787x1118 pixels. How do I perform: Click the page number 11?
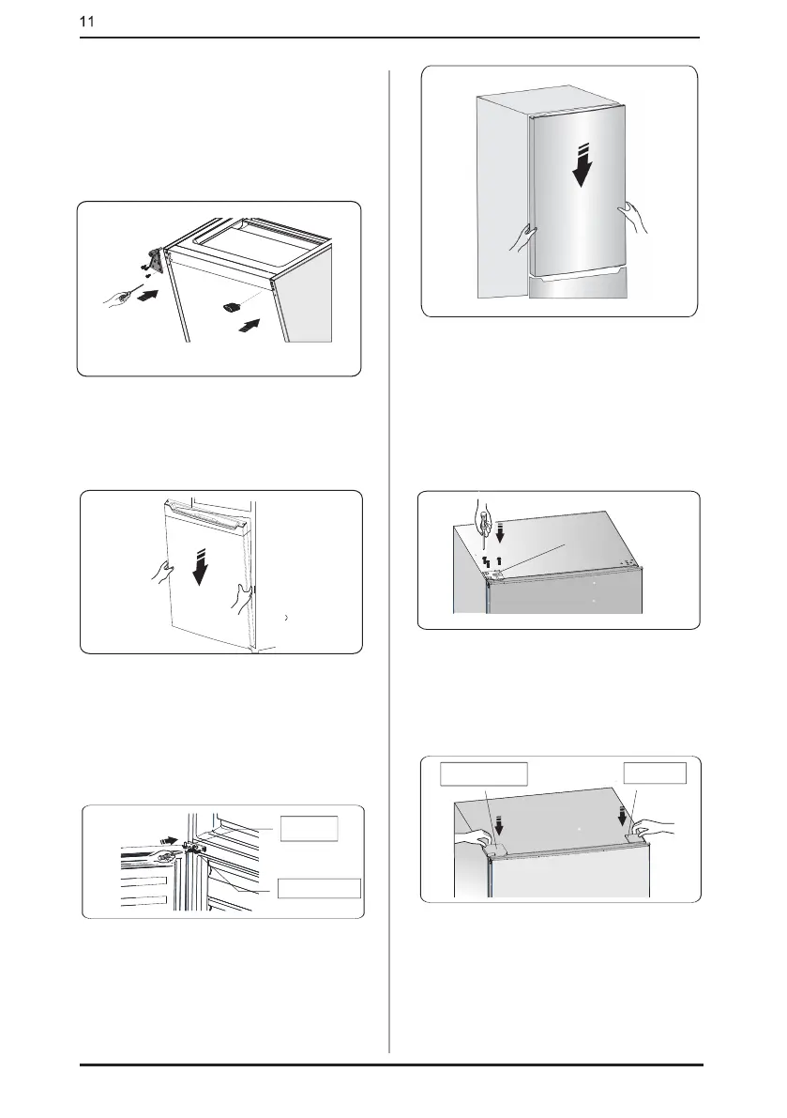(x=86, y=22)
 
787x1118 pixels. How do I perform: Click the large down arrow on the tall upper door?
(x=583, y=164)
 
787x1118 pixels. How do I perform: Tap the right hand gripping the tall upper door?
(x=632, y=217)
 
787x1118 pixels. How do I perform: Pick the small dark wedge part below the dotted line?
(x=233, y=306)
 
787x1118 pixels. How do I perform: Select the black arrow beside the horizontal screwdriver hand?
(x=147, y=294)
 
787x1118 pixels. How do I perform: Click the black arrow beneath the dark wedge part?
(x=247, y=327)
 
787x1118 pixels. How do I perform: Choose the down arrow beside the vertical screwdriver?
(x=500, y=531)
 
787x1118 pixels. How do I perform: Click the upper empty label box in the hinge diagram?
(x=310, y=829)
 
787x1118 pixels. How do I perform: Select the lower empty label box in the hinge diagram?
(x=319, y=888)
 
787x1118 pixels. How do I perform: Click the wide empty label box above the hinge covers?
(x=484, y=773)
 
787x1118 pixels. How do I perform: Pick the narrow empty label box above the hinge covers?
(x=655, y=773)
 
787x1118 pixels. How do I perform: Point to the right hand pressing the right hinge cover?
(x=652, y=829)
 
